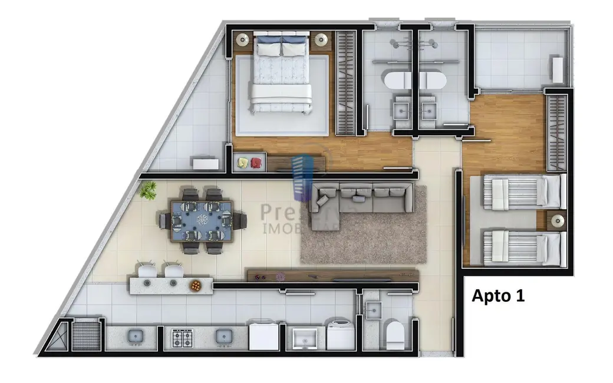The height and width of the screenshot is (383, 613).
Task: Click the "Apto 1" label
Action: click(498, 296)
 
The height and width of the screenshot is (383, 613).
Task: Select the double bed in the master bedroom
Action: click(280, 74)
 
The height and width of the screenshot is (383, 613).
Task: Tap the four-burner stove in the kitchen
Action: click(179, 338)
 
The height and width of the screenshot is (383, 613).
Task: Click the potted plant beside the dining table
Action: click(149, 190)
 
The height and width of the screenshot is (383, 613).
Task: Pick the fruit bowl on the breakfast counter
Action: click(196, 285)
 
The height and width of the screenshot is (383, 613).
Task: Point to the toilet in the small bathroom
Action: click(393, 334)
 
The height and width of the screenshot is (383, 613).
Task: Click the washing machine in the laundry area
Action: click(340, 336)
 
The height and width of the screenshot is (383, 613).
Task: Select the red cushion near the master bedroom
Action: click(256, 163)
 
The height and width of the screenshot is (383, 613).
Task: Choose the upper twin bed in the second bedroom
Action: click(522, 191)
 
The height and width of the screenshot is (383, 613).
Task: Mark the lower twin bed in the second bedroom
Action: click(522, 247)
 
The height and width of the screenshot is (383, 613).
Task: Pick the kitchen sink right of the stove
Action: click(222, 336)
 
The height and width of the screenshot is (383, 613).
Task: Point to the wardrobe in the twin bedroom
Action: click(556, 132)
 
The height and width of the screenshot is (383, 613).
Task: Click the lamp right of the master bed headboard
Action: click(321, 39)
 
